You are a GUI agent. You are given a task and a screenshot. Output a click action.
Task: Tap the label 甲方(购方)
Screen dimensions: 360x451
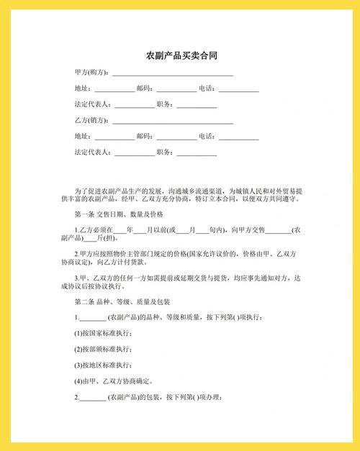coord(91,73)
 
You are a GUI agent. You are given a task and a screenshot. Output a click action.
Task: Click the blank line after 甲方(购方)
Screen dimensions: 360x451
coord(172,74)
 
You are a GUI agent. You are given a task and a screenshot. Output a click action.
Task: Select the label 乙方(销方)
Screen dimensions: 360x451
coord(91,120)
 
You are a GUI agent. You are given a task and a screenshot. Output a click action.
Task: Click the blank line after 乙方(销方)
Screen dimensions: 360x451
coord(172,122)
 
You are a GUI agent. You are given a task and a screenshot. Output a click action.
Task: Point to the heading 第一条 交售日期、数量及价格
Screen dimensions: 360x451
coord(119,214)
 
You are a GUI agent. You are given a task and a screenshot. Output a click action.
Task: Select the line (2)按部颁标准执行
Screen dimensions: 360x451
coord(103,349)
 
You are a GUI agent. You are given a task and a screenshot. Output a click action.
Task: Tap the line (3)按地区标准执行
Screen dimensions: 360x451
coord(103,365)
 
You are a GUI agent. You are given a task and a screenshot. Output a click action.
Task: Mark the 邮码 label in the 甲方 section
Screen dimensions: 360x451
coord(143,88)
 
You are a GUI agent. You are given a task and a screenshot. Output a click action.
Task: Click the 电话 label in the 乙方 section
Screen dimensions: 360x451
coord(207,136)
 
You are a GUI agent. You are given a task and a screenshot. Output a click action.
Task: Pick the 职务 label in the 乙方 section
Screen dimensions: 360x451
coord(165,152)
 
